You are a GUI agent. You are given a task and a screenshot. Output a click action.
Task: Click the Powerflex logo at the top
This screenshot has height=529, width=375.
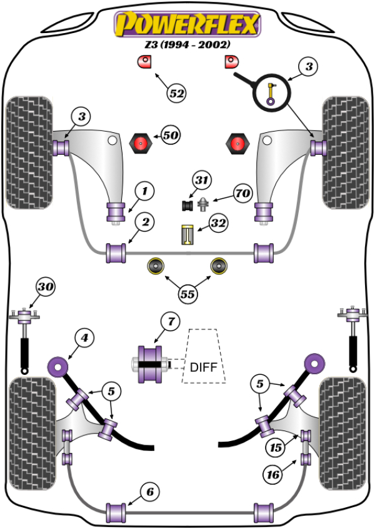coord(186,25)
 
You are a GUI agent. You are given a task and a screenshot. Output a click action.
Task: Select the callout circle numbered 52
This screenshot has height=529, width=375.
coord(177,94)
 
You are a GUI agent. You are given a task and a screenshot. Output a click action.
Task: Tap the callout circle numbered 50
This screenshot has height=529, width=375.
coord(170,135)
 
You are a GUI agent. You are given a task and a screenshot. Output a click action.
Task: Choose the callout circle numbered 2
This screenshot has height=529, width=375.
coord(144,222)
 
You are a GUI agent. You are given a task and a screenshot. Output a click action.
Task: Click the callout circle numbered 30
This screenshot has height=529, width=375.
coord(45,288)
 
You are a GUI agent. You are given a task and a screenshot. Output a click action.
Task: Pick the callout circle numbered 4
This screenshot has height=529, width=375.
coord(84,338)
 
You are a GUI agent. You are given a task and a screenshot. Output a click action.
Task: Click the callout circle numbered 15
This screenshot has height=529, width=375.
coord(274,447)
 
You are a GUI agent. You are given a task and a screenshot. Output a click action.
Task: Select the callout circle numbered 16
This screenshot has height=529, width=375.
coord(272,475)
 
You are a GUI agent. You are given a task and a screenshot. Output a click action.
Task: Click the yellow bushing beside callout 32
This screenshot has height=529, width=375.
coord(186,235)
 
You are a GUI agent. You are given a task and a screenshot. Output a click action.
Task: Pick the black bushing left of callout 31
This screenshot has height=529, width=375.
coord(186,204)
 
